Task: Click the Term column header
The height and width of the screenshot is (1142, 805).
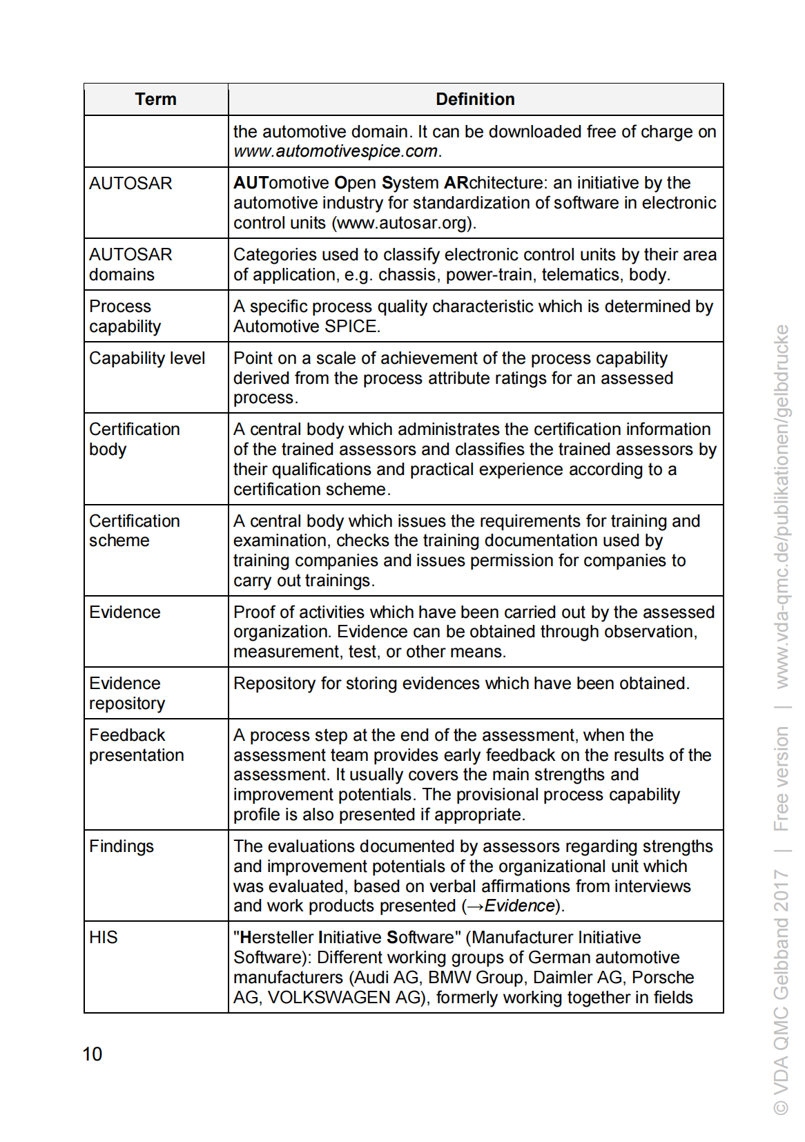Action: coord(155,99)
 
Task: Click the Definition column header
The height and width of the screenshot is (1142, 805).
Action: coord(475,99)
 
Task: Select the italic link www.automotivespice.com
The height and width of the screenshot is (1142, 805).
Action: coord(336,151)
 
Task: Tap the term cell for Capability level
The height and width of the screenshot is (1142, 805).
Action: coord(147,358)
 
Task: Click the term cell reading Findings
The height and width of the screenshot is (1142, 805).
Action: coord(122,846)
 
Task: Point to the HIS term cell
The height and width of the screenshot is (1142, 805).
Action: coord(104,938)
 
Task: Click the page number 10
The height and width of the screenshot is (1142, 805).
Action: coord(92,1054)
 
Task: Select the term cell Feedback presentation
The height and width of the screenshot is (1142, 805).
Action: coord(136,746)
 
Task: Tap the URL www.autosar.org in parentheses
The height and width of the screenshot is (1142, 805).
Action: coord(402,223)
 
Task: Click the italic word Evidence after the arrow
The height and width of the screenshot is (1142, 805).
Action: coord(520,906)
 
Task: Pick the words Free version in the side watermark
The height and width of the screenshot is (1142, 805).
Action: coord(781,778)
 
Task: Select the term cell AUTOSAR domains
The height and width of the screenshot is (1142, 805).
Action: coord(130,264)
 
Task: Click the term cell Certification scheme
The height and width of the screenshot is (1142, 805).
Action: coord(134,531)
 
